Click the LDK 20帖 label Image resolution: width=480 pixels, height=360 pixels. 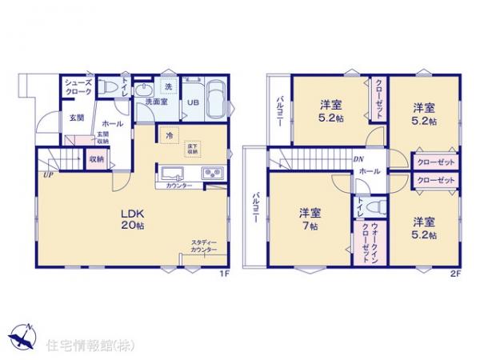click(x=133, y=219)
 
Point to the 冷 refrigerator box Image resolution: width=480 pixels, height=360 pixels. click(x=169, y=136)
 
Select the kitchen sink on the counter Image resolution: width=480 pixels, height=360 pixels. click(x=173, y=174)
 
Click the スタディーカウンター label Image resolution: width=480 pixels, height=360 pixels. click(x=204, y=246)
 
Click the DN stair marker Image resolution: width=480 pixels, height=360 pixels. click(x=358, y=159)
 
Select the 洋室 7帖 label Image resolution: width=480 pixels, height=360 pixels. click(x=310, y=218)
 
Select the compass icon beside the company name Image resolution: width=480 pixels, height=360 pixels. click(x=22, y=335)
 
